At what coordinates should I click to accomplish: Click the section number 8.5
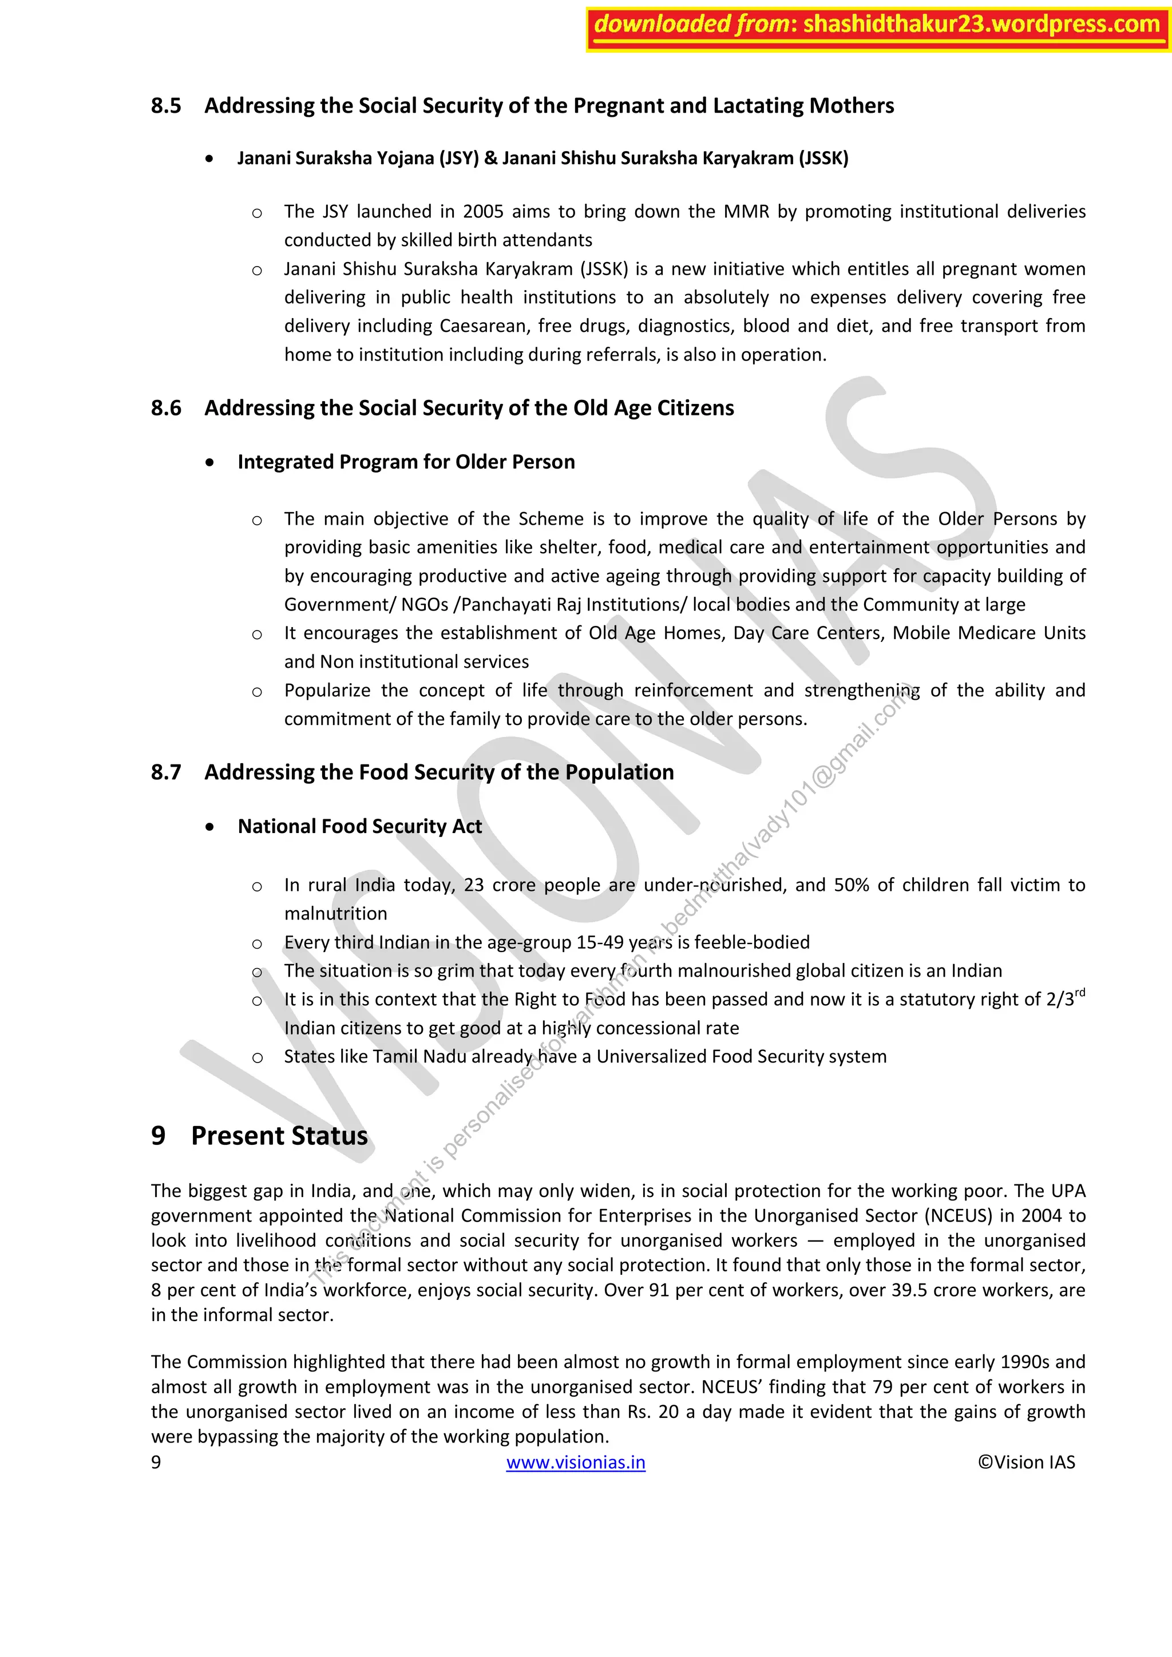[x=166, y=106]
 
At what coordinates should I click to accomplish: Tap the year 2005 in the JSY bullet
[x=483, y=212]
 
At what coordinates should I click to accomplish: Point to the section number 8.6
[x=166, y=409]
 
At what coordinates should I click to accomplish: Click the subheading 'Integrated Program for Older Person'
[x=406, y=462]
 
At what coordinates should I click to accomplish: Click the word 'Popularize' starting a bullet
[x=327, y=691]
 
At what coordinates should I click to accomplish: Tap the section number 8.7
[x=166, y=773]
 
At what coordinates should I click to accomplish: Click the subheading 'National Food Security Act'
[x=359, y=826]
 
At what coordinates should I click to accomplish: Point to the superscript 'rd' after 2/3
[x=1080, y=993]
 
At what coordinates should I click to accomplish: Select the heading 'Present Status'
[x=279, y=1136]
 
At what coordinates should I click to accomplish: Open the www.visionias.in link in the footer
[x=575, y=1462]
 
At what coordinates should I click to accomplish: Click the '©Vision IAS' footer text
[x=1025, y=1462]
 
